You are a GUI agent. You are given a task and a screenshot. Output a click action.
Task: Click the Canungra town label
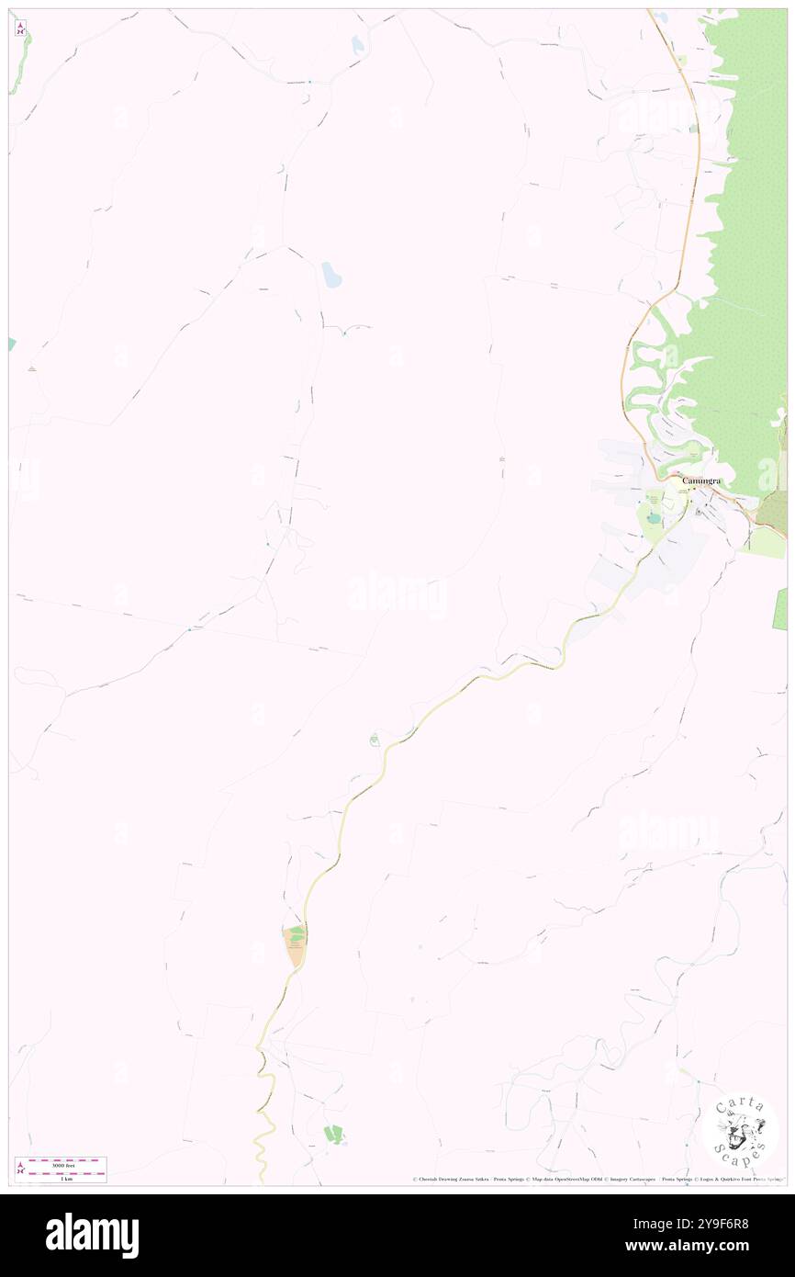(x=700, y=480)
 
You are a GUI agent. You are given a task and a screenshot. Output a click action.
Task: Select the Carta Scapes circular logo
(x=740, y=1130)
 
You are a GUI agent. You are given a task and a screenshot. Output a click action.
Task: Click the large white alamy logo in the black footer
(x=92, y=1235)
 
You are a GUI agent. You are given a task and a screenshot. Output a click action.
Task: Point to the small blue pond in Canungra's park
(x=653, y=518)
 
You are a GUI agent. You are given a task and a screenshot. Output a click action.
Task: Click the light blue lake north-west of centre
(x=331, y=275)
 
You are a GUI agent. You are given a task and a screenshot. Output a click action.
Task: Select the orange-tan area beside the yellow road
(x=295, y=947)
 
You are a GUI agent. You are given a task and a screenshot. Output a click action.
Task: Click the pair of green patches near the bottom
(x=333, y=1134)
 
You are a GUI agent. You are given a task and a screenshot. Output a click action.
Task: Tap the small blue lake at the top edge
(x=356, y=44)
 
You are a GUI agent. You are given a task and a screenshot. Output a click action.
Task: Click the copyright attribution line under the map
(x=597, y=1179)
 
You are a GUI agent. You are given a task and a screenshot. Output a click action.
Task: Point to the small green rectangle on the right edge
(x=781, y=609)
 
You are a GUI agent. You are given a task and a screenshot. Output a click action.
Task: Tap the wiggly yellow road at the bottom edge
(x=261, y=1139)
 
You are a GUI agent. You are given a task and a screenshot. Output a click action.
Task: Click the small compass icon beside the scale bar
(x=20, y=1168)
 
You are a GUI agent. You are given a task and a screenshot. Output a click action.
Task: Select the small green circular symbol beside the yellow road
(x=375, y=740)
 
